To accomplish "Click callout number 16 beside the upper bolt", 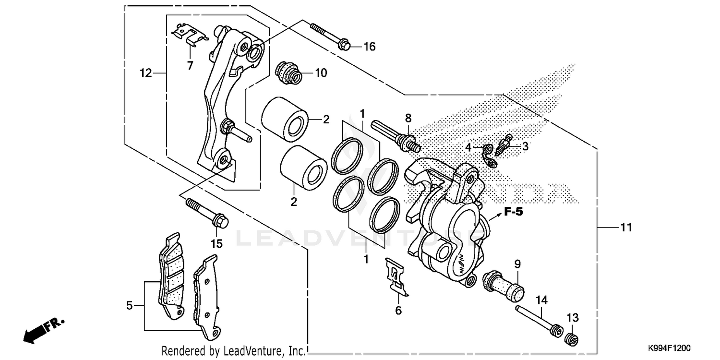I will point(369,47).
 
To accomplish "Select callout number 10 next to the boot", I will point(321,73).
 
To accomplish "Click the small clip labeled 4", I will point(489,156).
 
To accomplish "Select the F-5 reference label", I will point(513,212).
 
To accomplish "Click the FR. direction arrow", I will point(43,330).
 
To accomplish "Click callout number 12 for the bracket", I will point(145,73).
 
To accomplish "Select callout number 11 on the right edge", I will point(626,228).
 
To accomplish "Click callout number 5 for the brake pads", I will point(129,305).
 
